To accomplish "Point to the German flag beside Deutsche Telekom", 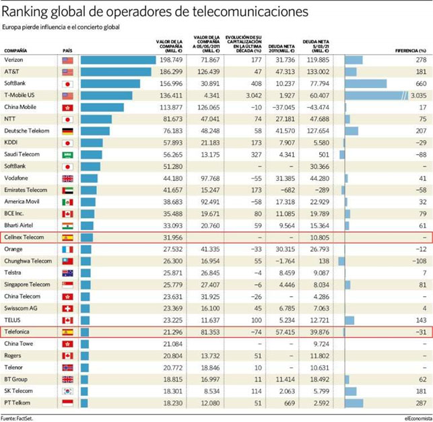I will pyautogui.click(x=67, y=131).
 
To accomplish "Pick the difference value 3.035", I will pyautogui.click(x=418, y=96).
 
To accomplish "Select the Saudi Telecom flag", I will pyautogui.click(x=67, y=154).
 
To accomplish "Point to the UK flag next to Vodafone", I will pyautogui.click(x=67, y=178).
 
